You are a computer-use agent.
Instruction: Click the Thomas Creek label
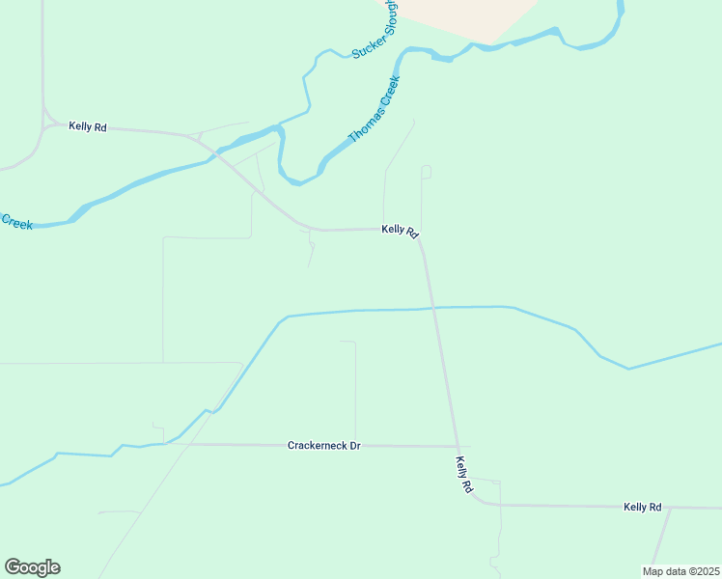374,109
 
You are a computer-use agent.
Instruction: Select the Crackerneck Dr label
323,446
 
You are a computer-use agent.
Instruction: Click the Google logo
32,567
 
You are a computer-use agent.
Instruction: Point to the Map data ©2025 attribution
680,571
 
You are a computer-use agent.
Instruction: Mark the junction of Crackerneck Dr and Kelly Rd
458,447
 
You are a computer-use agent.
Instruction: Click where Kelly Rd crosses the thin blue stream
433,308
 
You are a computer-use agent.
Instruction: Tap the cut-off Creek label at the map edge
16,222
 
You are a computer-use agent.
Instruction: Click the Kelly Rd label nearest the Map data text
642,507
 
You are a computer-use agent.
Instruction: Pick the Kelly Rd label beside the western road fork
87,126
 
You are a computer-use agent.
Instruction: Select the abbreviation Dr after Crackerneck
353,446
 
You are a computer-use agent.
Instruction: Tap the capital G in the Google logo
13,566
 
